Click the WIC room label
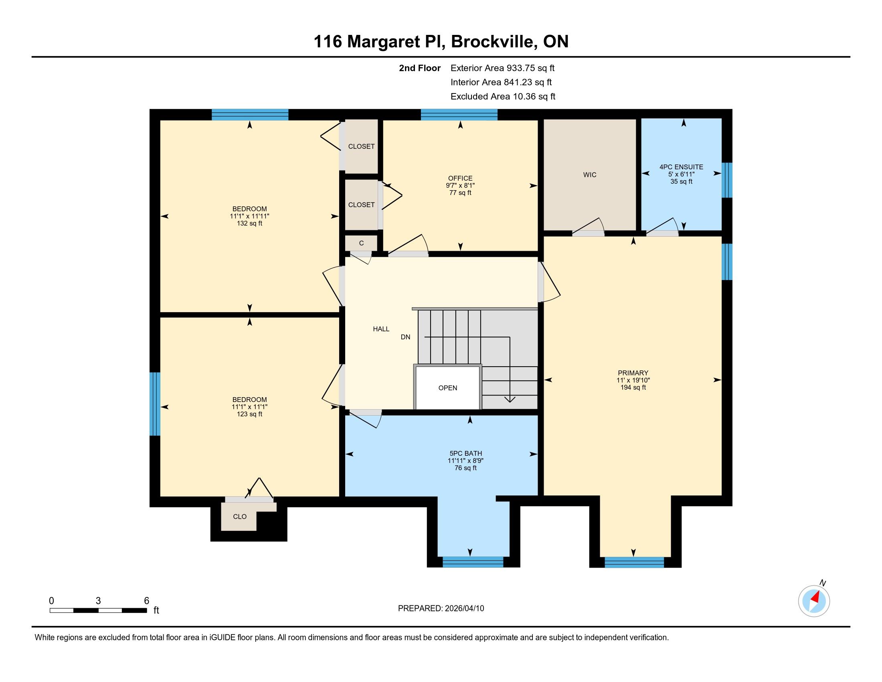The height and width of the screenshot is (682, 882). click(590, 175)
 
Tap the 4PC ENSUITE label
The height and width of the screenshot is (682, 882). click(681, 167)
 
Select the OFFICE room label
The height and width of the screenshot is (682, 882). click(460, 178)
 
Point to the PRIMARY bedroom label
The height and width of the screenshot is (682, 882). click(633, 373)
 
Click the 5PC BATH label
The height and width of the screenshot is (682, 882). click(465, 453)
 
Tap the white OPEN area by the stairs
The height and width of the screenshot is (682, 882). click(448, 388)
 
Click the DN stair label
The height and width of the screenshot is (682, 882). click(405, 337)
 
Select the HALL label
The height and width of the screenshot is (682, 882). click(381, 329)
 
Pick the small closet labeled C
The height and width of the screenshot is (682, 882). click(362, 243)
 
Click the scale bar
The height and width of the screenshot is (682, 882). click(98, 610)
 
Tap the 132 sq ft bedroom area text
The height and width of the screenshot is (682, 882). click(250, 223)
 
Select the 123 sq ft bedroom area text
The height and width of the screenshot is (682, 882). click(250, 414)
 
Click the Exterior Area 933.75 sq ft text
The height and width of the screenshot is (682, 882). click(503, 68)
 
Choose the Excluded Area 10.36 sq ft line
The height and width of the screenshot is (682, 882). click(503, 97)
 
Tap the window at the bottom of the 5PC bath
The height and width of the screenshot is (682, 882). click(473, 562)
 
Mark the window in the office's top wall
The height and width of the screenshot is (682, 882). click(459, 115)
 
